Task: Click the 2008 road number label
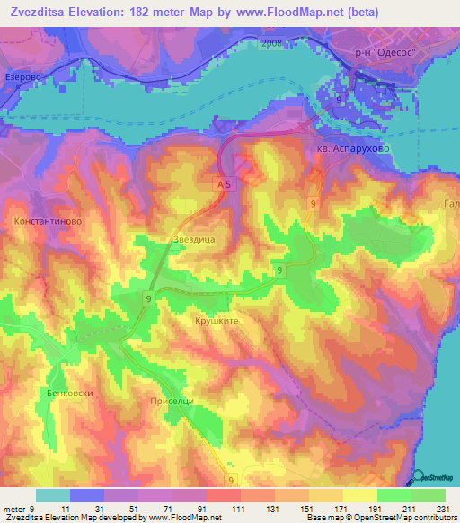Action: pyautogui.click(x=272, y=43)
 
